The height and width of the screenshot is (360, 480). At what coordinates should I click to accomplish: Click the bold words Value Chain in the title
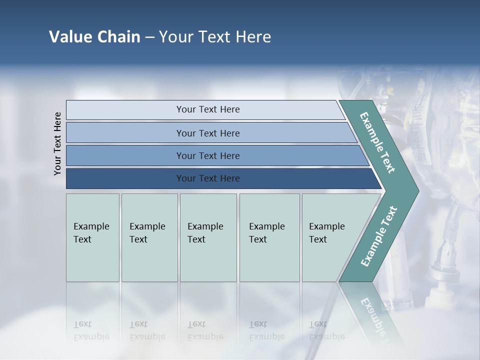pyautogui.click(x=94, y=37)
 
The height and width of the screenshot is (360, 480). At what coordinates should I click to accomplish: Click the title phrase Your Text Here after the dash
pyautogui.click(x=215, y=37)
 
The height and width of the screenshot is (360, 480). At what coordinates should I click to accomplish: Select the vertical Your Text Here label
pyautogui.click(x=57, y=143)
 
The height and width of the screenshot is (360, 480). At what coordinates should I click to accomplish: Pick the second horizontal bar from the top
pyautogui.click(x=207, y=133)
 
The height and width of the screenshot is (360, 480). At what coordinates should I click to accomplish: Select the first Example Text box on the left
pyautogui.click(x=92, y=237)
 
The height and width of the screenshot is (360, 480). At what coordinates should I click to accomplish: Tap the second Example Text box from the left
pyautogui.click(x=149, y=237)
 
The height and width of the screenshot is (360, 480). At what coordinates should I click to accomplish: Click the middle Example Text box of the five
pyautogui.click(x=208, y=237)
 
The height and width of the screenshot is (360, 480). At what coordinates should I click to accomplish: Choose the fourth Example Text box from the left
pyautogui.click(x=269, y=237)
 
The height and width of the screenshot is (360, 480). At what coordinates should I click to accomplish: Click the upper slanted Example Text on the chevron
pyautogui.click(x=377, y=142)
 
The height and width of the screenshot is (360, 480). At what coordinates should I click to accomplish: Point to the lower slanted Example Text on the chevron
pyautogui.click(x=378, y=236)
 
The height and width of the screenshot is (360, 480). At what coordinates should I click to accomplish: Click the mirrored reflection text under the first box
pyautogui.click(x=91, y=330)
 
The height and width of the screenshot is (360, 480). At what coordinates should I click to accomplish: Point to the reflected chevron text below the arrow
pyautogui.click(x=377, y=320)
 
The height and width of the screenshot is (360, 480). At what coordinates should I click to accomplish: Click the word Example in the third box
pyautogui.click(x=205, y=226)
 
